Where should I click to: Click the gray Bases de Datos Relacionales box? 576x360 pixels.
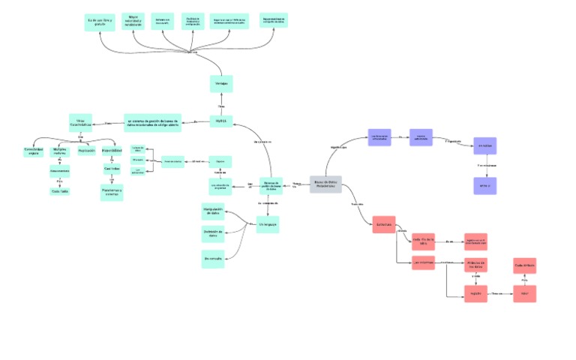pyautogui.click(x=325, y=184)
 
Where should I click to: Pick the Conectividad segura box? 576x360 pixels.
pyautogui.click(x=33, y=151)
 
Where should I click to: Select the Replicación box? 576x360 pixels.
pyautogui.click(x=86, y=151)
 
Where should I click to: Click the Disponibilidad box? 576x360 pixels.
pyautogui.click(x=112, y=151)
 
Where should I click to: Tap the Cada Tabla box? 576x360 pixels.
pyautogui.click(x=59, y=191)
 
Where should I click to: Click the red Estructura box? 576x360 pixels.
pyautogui.click(x=384, y=224)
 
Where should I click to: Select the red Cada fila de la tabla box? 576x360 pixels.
pyautogui.click(x=424, y=240)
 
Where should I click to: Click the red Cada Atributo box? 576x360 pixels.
pyautogui.click(x=524, y=265)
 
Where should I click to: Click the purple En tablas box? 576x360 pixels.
pyautogui.click(x=484, y=145)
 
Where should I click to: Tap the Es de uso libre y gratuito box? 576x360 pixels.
pyautogui.click(x=100, y=22)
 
